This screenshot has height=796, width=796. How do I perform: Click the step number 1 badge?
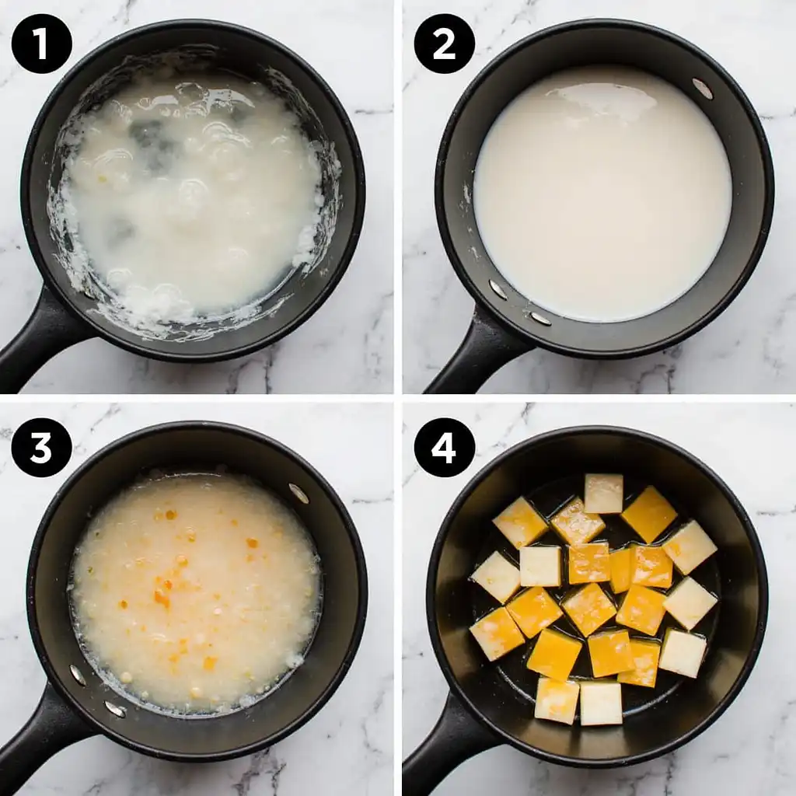42,44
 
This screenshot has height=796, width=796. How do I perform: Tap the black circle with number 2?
444,44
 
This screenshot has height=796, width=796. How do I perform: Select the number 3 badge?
42,448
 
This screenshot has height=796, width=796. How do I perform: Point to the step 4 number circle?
444,448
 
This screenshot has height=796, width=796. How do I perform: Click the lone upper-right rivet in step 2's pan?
702,89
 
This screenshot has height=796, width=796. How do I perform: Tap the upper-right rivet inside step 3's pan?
298,493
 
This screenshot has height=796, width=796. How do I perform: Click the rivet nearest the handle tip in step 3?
115,708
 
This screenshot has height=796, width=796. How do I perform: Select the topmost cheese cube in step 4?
604,493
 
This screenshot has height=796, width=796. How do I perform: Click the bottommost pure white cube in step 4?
602,703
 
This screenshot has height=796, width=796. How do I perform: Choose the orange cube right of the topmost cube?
649,514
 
